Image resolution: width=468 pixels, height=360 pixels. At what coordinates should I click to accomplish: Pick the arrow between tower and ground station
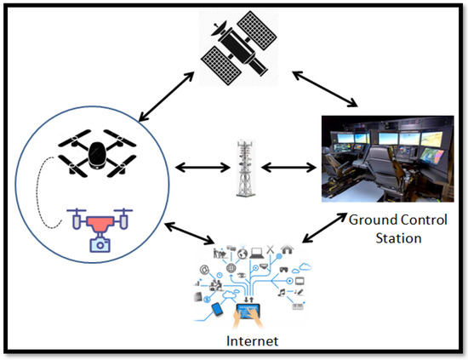point(285,166)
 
